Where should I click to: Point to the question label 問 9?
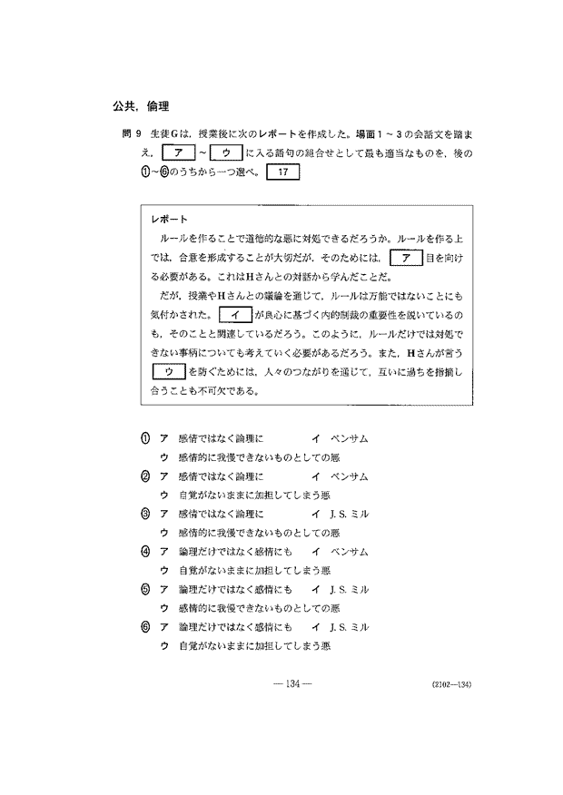(x=132, y=132)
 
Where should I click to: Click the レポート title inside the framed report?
(x=171, y=220)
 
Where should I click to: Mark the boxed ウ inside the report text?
(x=167, y=371)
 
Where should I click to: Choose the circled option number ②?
(x=145, y=476)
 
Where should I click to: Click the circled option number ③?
(x=145, y=513)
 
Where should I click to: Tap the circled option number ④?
(x=145, y=551)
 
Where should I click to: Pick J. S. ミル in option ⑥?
(x=348, y=626)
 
